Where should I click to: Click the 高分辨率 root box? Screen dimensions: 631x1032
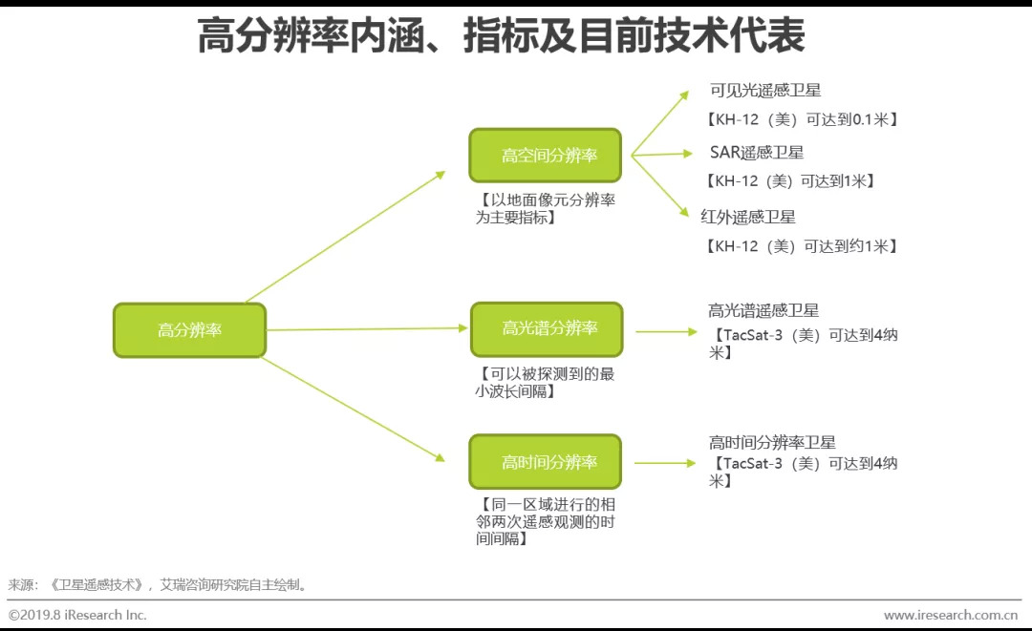pos(189,330)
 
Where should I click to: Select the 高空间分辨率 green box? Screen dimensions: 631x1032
pos(545,156)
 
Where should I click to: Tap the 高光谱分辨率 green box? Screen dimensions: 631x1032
pos(546,329)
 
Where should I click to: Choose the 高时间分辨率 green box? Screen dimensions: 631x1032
pos(545,462)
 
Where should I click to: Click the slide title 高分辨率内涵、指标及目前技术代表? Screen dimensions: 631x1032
pos(501,36)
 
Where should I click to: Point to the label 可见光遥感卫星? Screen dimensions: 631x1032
pos(765,91)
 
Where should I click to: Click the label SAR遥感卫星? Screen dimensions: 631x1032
pos(757,153)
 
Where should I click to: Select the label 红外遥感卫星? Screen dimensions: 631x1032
pos(748,217)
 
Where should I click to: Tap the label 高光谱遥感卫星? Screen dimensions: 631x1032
pos(763,310)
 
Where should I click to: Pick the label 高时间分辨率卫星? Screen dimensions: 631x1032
pos(772,442)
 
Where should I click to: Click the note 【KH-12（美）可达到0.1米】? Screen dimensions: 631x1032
pos(803,119)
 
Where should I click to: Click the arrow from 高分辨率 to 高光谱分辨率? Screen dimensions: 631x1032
pos(368,329)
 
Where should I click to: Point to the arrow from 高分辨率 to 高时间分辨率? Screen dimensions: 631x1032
pos(354,410)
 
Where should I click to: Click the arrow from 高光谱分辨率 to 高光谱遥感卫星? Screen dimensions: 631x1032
pos(666,332)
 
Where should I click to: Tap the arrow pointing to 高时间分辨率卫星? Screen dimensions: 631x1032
pos(665,463)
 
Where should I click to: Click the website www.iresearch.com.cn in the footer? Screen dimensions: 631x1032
pos(950,615)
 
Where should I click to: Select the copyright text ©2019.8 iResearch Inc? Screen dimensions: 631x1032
pos(77,615)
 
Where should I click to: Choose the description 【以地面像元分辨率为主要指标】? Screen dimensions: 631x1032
pos(546,209)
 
